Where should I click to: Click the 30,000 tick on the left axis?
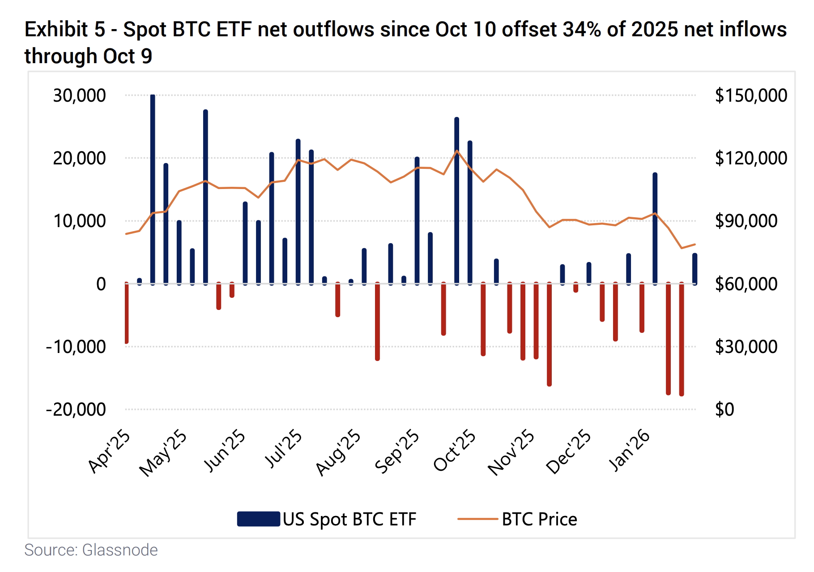[x=79, y=95]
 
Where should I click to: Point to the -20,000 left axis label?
[x=76, y=409]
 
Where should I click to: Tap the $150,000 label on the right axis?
[x=750, y=95]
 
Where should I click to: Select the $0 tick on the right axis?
[x=725, y=409]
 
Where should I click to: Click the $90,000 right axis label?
[x=746, y=221]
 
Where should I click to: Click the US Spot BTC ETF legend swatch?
[x=259, y=519]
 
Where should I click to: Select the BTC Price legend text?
[x=539, y=519]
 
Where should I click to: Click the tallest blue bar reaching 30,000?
[x=153, y=188]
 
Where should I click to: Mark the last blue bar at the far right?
[x=695, y=269]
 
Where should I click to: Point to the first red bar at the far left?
[x=127, y=313]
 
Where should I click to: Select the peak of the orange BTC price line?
[x=457, y=151]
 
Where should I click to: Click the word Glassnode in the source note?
[x=120, y=550]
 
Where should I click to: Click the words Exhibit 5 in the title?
[x=65, y=30]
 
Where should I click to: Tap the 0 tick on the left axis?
[x=101, y=284]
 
